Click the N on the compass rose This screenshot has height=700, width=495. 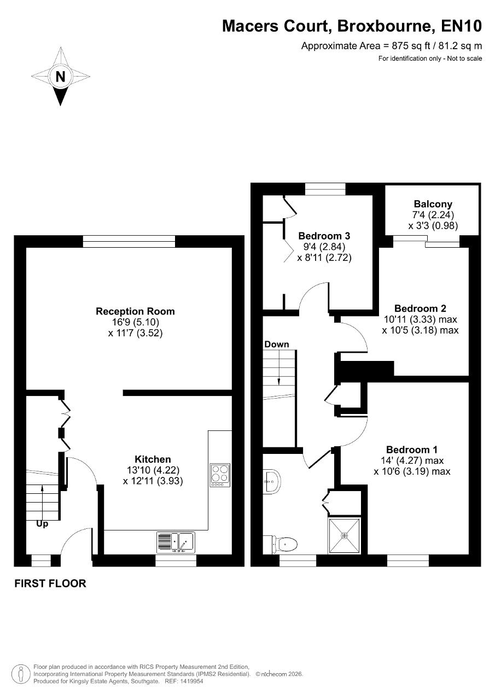pyautogui.click(x=60, y=76)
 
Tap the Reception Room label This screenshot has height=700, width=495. pyautogui.click(x=135, y=311)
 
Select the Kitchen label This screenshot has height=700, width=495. pyautogui.click(x=153, y=459)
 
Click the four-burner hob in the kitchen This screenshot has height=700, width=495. pyautogui.click(x=220, y=475)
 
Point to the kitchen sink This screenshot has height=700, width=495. pyautogui.click(x=176, y=542)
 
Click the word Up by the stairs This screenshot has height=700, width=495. pyautogui.click(x=42, y=524)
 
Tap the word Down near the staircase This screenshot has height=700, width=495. pyautogui.click(x=277, y=344)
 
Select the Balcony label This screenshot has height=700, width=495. pyautogui.click(x=433, y=204)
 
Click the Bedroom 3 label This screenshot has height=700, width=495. pyautogui.click(x=324, y=236)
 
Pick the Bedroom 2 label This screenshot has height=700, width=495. pyautogui.click(x=420, y=308)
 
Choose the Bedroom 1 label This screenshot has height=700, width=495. pyautogui.click(x=411, y=450)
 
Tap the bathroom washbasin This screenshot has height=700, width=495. pyautogui.click(x=272, y=482)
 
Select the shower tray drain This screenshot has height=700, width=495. pyautogui.click(x=345, y=536)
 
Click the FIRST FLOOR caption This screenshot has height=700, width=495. pyautogui.click(x=50, y=584)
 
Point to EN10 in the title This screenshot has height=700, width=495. pyautogui.click(x=461, y=26)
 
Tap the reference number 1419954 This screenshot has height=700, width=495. pyautogui.click(x=193, y=681)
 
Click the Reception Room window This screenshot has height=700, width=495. pyautogui.click(x=129, y=242)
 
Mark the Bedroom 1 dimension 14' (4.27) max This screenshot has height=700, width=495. pyautogui.click(x=412, y=460)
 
